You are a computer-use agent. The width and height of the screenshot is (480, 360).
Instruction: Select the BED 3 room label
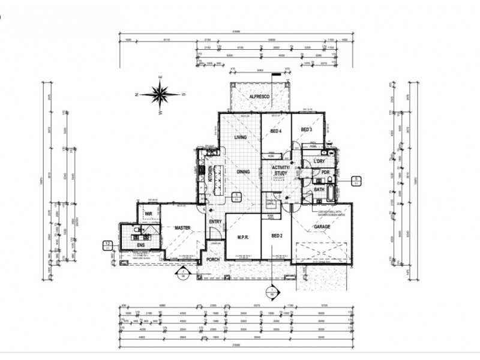307,130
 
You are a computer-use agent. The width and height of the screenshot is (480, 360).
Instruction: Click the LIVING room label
240,138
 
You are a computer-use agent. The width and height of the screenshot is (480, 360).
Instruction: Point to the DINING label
243,172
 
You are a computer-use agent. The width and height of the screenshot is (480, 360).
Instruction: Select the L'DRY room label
319,162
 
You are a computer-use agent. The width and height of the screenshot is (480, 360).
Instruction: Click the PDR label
325,173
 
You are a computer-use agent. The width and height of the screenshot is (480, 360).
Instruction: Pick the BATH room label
319,190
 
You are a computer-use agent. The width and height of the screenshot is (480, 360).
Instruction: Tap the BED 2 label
276,236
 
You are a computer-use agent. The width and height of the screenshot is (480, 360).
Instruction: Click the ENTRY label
215,222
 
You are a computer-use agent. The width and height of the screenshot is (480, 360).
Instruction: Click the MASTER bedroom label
182,228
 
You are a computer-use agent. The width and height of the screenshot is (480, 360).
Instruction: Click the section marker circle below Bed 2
271,293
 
